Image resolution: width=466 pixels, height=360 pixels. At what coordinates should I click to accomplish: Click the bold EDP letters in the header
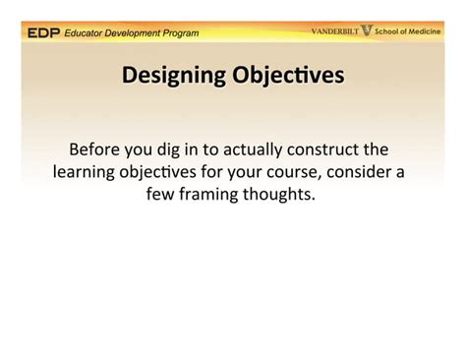(x=43, y=32)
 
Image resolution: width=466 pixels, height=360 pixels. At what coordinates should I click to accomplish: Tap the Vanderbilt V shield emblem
(x=367, y=31)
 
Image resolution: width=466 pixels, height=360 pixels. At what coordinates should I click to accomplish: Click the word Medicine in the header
(x=430, y=31)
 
